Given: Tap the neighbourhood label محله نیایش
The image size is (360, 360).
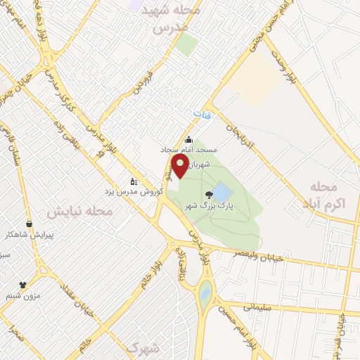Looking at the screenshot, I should pyautogui.click(x=79, y=210).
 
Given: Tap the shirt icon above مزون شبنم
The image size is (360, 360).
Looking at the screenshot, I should pyautogui.click(x=22, y=285).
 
